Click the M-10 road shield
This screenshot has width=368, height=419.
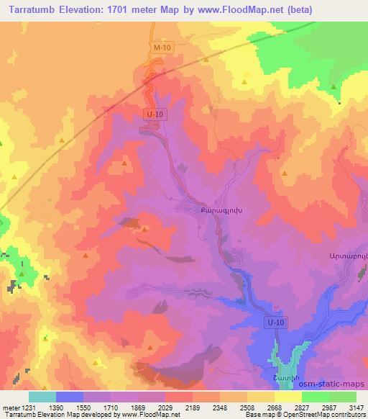coord(162,48)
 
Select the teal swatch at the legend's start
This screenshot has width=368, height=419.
coord(42,397)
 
